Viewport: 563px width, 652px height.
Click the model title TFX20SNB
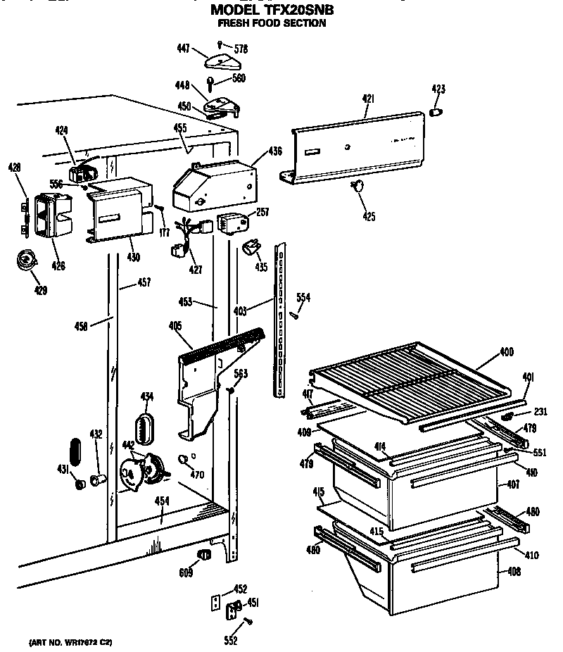point(272,9)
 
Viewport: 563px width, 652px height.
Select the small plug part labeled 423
point(436,112)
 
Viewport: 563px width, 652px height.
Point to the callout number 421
point(367,99)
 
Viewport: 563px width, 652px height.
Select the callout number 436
point(274,151)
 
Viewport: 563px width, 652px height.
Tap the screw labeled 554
point(296,315)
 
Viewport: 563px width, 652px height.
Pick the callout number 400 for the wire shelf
point(506,351)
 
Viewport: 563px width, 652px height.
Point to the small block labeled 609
point(204,556)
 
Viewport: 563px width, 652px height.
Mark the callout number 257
point(262,212)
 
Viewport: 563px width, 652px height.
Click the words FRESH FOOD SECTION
point(272,23)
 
